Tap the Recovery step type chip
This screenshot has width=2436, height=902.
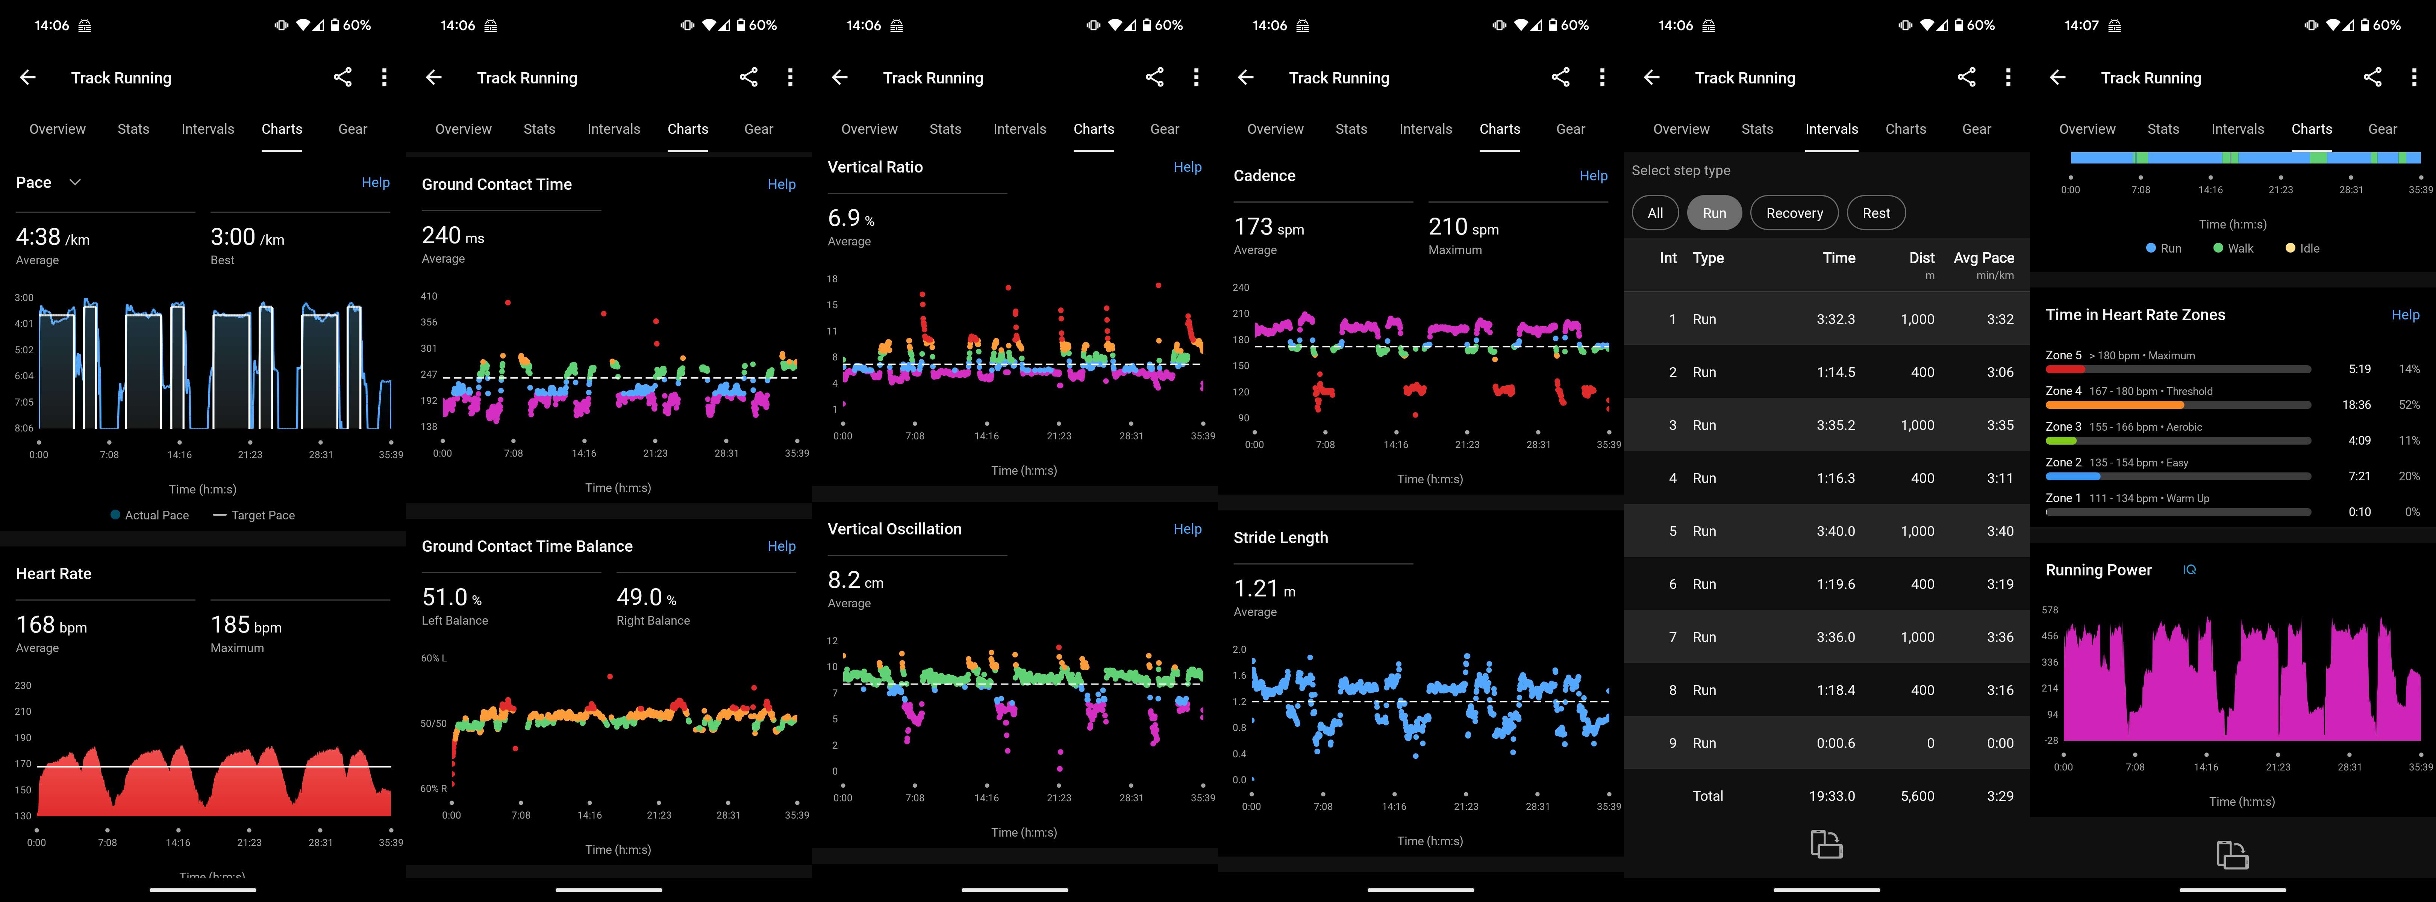(x=1794, y=213)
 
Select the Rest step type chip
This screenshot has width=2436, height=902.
(x=1876, y=213)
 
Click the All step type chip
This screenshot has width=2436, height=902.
(x=1655, y=213)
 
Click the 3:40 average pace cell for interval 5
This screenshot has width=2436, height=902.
(x=1999, y=531)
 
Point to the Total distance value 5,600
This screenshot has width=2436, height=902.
(x=1917, y=796)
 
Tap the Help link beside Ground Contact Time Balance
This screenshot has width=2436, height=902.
(x=781, y=546)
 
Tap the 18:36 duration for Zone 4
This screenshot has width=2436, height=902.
(x=2356, y=405)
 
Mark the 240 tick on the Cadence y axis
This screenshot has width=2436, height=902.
(x=1241, y=288)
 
